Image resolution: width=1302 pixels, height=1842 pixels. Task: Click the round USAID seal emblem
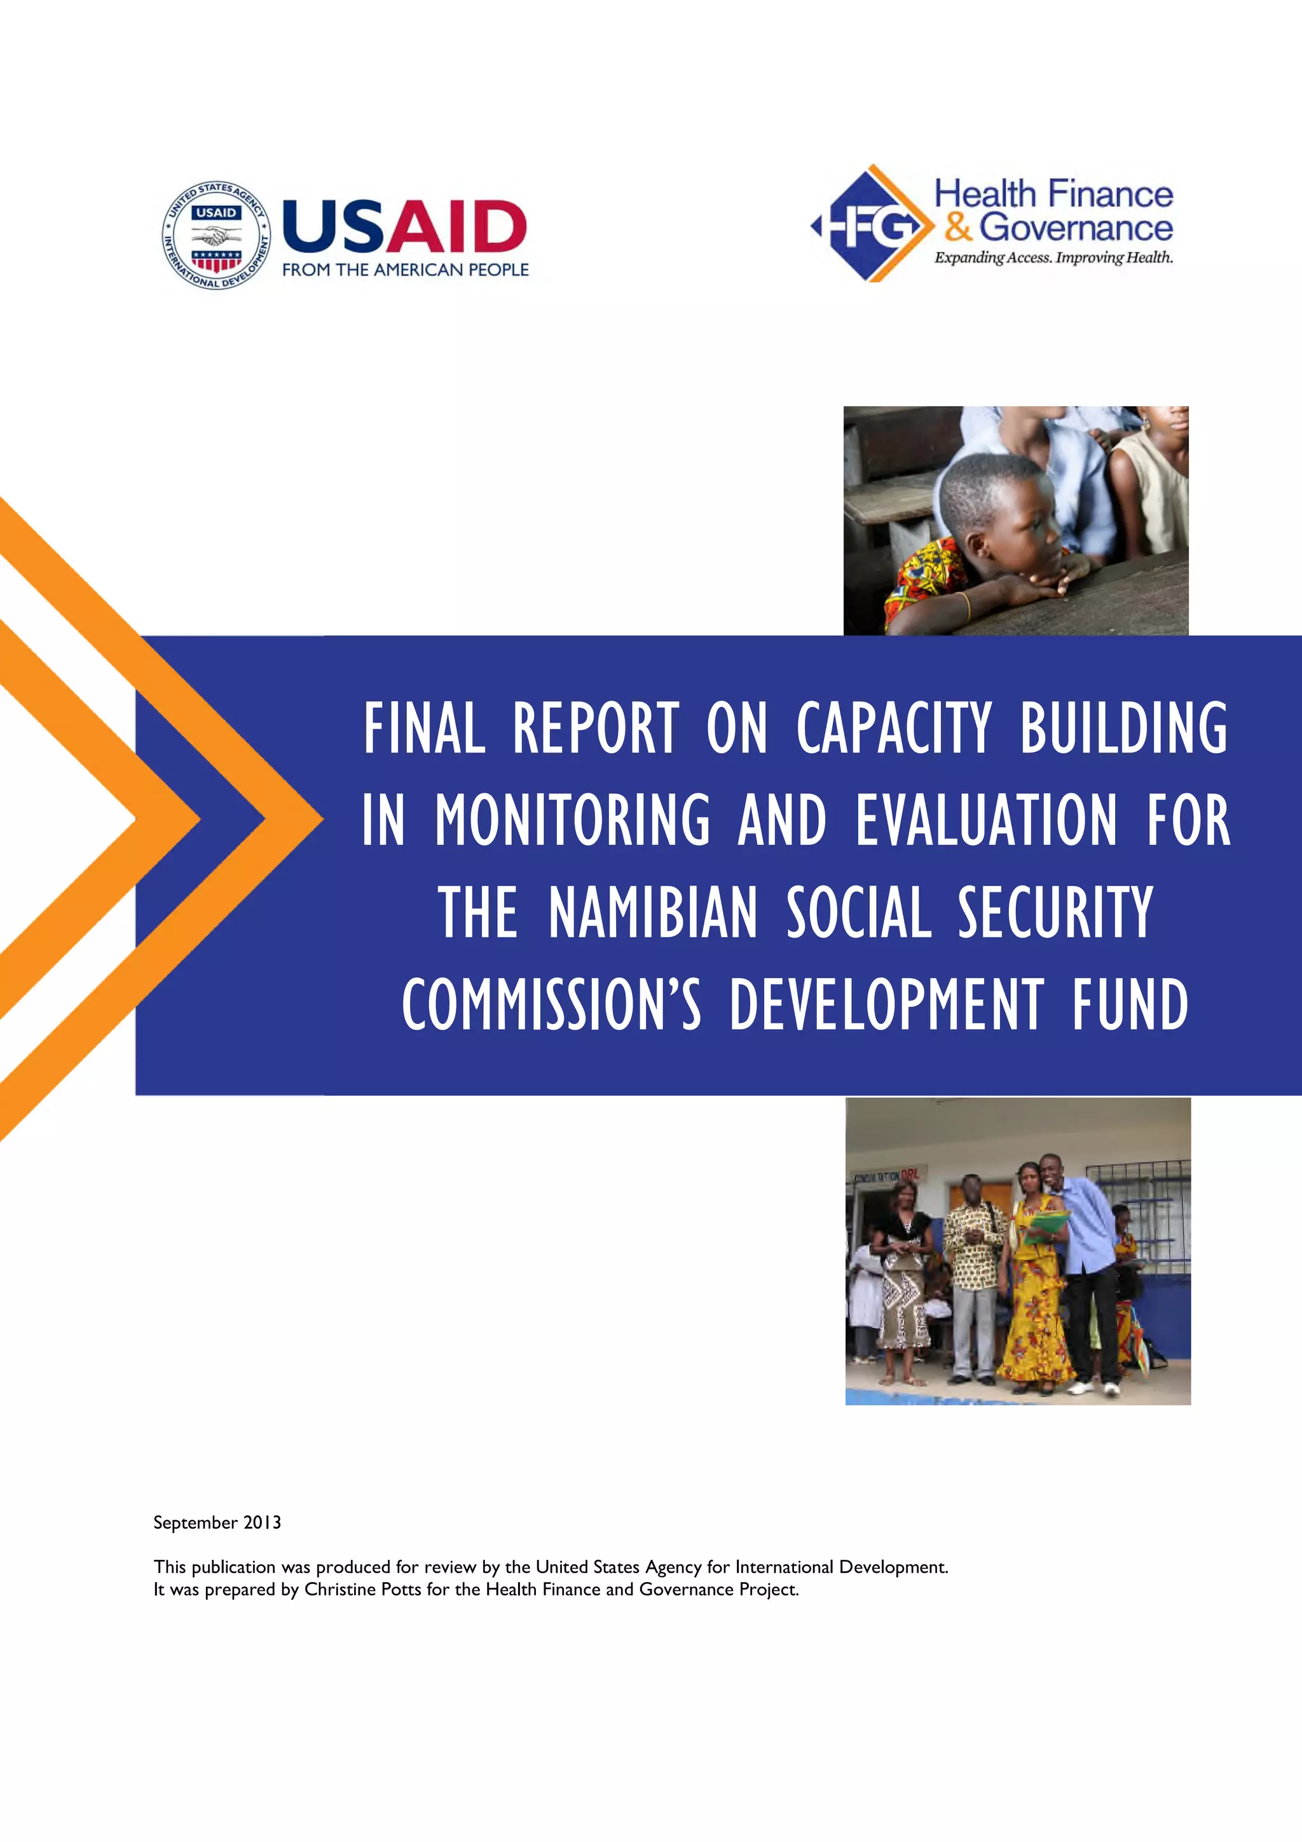(x=217, y=235)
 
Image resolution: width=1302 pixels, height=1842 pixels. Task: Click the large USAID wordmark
(x=404, y=226)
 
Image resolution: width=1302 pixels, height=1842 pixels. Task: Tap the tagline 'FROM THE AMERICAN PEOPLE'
(x=405, y=270)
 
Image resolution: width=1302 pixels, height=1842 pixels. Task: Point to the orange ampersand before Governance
(x=958, y=226)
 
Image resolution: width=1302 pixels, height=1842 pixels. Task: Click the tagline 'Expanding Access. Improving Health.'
(x=1053, y=257)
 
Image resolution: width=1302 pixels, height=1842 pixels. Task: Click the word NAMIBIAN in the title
(x=653, y=913)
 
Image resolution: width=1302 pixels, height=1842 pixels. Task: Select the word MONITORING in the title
(x=573, y=820)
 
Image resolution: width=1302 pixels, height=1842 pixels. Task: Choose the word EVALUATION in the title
(x=986, y=820)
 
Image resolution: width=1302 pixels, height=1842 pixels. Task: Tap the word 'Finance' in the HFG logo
(x=1110, y=194)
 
